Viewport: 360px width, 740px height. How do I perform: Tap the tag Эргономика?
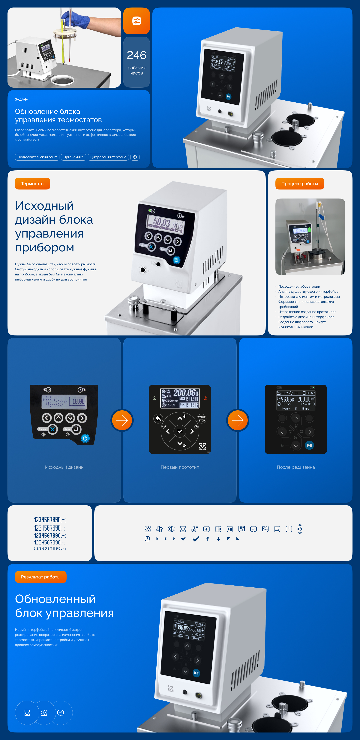coord(73,157)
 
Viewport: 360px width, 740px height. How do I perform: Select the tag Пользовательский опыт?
coord(37,157)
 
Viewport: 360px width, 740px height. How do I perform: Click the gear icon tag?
coord(135,157)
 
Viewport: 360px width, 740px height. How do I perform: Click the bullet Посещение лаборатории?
coord(299,286)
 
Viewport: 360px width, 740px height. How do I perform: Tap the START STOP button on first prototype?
coord(202,419)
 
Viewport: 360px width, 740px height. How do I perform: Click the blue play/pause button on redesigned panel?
coord(309,445)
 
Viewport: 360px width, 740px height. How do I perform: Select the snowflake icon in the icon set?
coord(171,529)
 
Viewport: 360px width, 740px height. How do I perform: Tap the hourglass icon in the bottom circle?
coord(27,713)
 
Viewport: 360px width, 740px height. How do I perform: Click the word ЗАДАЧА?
coord(22,99)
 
